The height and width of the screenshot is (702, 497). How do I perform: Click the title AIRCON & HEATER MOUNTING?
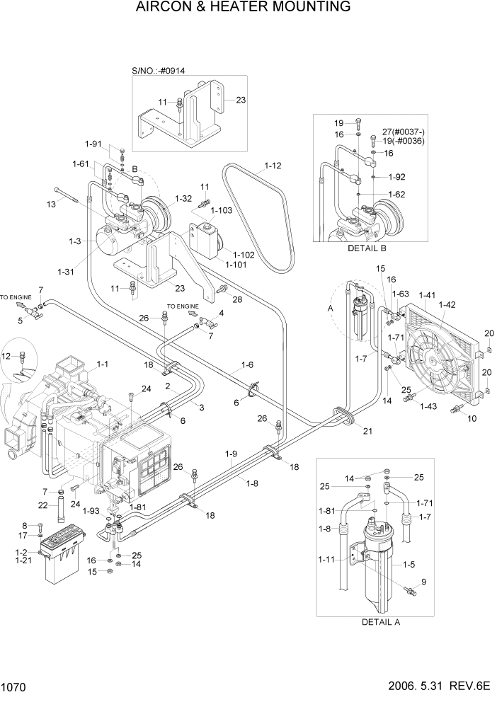(248, 8)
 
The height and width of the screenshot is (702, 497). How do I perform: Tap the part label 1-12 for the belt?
(273, 167)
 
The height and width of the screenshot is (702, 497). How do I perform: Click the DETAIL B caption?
(367, 249)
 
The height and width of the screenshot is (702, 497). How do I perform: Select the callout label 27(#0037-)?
(405, 131)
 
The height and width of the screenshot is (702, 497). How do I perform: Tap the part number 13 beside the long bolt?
(50, 205)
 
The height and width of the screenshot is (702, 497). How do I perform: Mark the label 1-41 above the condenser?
(428, 294)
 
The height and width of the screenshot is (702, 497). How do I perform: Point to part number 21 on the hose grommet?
(367, 430)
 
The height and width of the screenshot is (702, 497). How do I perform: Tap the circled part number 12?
(8, 355)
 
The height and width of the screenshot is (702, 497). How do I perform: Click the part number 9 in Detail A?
(423, 582)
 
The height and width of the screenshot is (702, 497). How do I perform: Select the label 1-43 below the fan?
(429, 406)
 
